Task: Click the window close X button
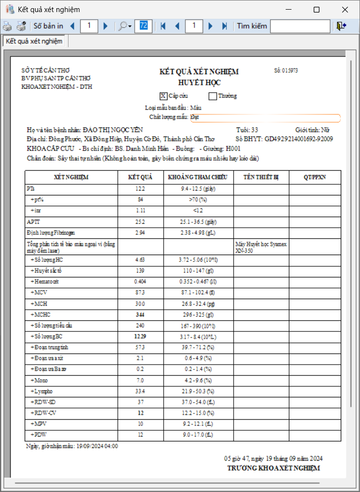345,10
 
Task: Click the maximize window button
317,10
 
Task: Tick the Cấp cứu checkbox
164,96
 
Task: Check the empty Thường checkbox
212,96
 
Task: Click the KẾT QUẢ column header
140,177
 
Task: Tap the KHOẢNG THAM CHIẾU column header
198,177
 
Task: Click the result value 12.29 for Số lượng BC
140,336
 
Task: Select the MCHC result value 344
140,314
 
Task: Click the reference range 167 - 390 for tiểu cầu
198,326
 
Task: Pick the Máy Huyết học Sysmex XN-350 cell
261,247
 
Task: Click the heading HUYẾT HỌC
199,83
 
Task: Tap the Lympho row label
41,391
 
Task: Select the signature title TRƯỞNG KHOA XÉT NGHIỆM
273,468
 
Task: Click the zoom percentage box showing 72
143,26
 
